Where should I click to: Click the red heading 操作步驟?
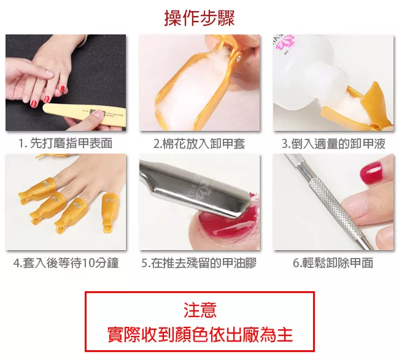[199, 18]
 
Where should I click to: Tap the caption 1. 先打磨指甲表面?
[66, 143]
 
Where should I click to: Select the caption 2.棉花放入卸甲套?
[199, 144]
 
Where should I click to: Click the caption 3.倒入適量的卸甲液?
[333, 144]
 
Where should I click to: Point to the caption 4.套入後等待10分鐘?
[66, 263]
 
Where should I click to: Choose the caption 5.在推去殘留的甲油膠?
[199, 263]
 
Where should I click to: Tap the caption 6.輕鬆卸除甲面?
[333, 263]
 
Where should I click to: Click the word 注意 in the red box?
[199, 310]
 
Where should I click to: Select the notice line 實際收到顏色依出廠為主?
[199, 334]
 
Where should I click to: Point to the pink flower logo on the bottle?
[285, 42]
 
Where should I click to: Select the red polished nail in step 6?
[371, 173]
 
